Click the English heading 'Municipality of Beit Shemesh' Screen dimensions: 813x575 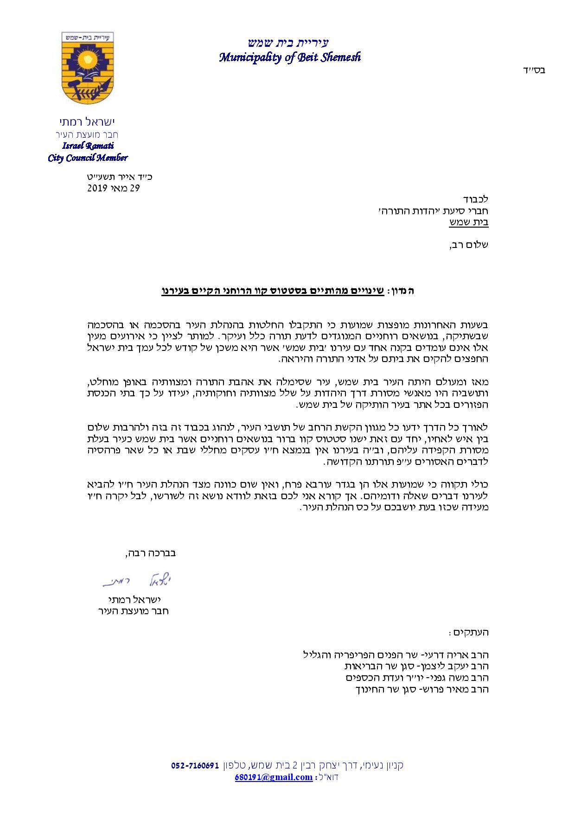[x=290, y=57]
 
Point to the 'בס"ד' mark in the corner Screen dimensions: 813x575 [x=535, y=70]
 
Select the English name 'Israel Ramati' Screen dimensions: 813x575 [x=88, y=146]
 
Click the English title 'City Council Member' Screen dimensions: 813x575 [x=88, y=158]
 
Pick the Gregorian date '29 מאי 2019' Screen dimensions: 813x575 [x=114, y=188]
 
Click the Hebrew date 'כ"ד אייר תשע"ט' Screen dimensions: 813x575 [x=120, y=177]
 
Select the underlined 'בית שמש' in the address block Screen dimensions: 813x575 [x=468, y=222]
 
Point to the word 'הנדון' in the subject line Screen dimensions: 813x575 [x=402, y=291]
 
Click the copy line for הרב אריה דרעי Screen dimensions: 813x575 [x=396, y=655]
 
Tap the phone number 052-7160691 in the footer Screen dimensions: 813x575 [x=194, y=765]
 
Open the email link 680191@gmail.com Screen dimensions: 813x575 [x=274, y=777]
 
